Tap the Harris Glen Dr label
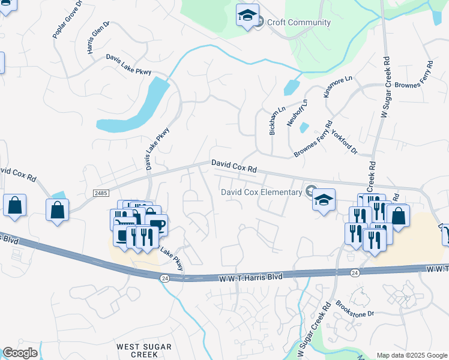click(x=98, y=38)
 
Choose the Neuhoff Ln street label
click(x=297, y=112)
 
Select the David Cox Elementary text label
click(x=261, y=192)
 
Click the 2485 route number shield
click(x=101, y=193)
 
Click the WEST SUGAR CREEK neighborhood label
click(x=144, y=351)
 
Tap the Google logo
click(x=20, y=353)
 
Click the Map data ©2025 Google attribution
click(x=412, y=355)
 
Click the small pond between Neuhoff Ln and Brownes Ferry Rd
click(x=304, y=127)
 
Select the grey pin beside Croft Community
click(x=259, y=23)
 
